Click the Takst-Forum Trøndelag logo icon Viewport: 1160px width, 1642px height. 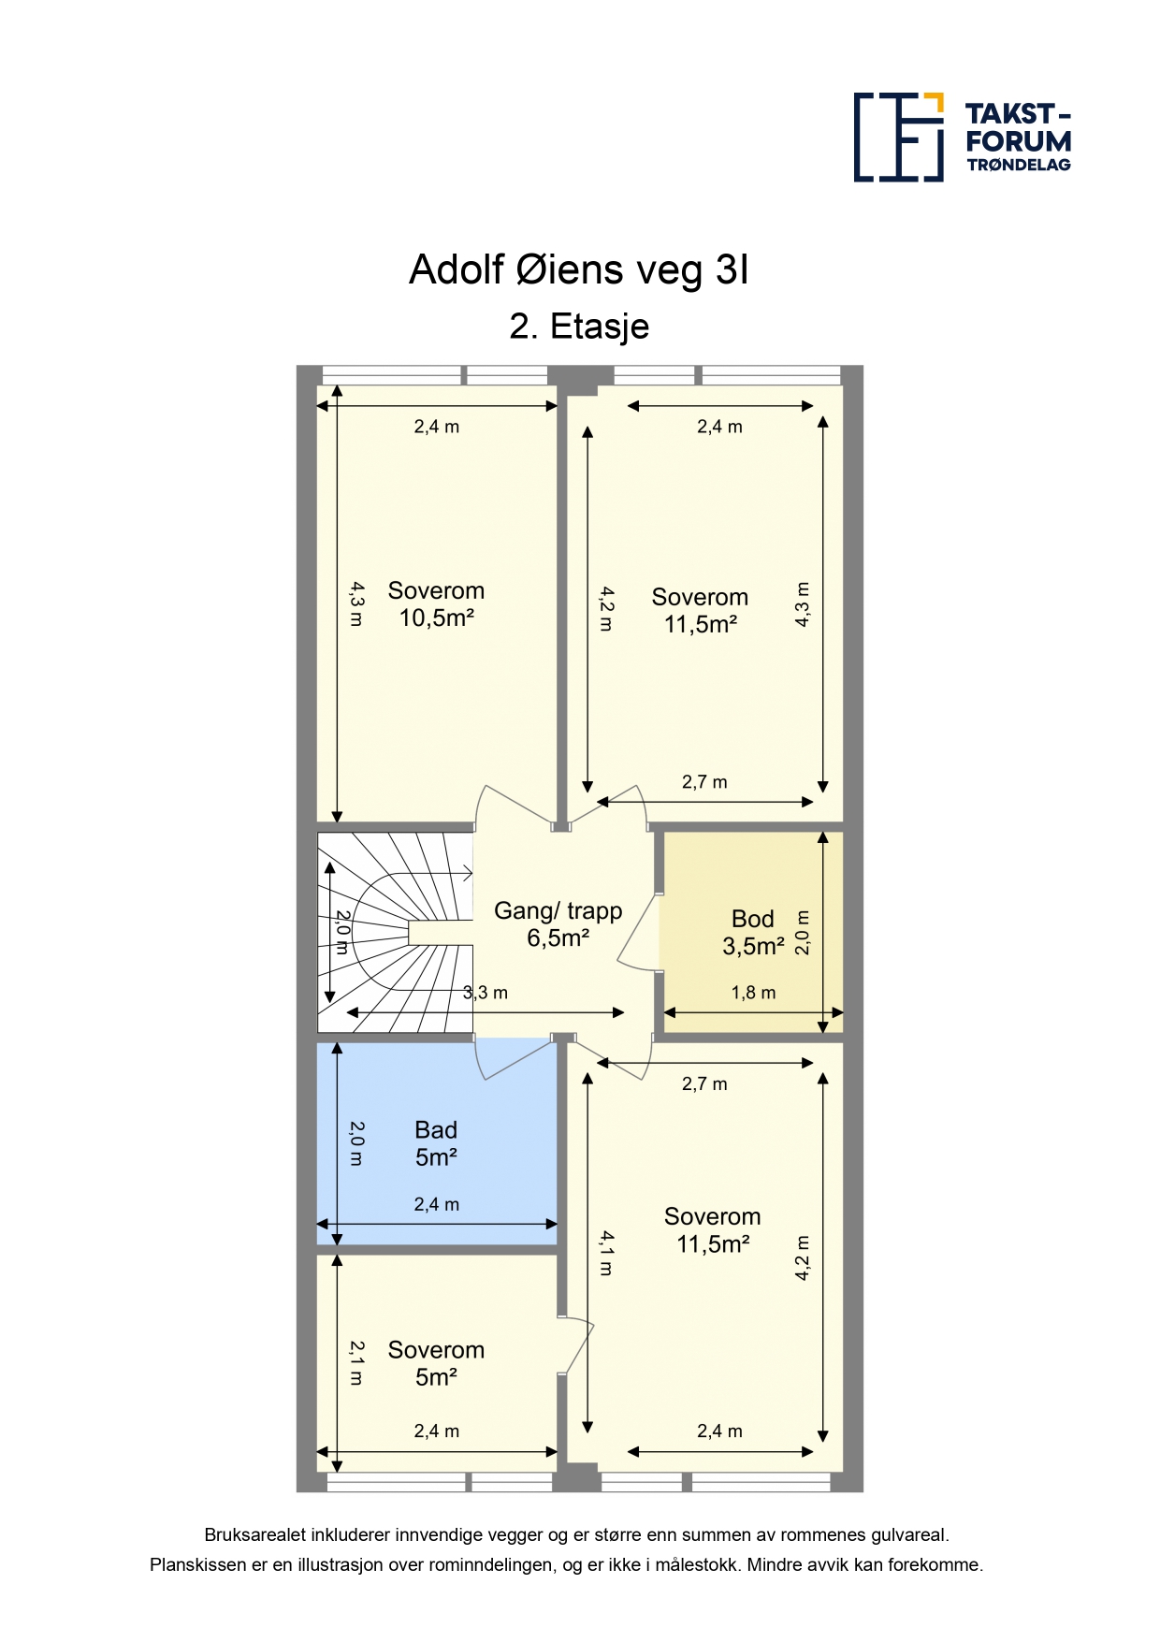pos(898,137)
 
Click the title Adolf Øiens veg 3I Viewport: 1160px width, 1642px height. pos(579,270)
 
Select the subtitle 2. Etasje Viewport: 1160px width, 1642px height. pos(579,327)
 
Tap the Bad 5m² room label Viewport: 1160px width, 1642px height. pos(436,1143)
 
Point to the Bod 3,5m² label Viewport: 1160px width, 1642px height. pos(753,933)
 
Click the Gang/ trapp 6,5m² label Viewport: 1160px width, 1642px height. pos(558,924)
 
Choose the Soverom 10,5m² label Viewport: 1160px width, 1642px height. pos(436,604)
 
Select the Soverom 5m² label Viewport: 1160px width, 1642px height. pos(436,1363)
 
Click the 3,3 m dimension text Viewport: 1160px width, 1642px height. pos(486,993)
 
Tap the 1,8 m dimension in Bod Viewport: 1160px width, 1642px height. pos(753,993)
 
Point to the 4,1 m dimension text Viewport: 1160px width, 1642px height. pos(606,1254)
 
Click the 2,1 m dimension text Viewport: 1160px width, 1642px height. pos(356,1363)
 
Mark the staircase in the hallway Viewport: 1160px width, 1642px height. pos(395,933)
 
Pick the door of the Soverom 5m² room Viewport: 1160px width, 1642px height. pos(576,1346)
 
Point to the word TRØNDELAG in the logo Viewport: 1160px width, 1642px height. pos(1019,165)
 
